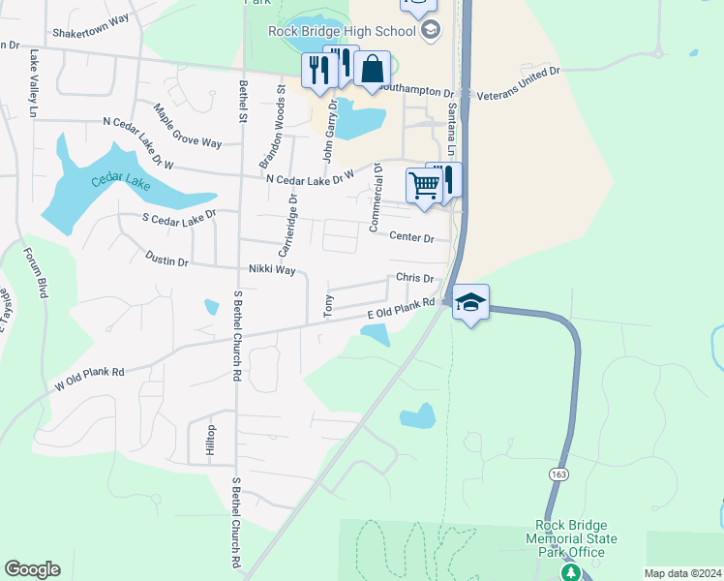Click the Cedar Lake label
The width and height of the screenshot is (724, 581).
point(118,181)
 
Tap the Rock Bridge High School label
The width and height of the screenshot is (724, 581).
point(343,31)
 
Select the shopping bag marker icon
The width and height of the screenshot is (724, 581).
point(372,69)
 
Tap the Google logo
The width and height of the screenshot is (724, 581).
point(32,569)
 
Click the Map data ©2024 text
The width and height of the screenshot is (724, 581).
point(681,573)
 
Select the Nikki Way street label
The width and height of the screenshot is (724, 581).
point(271,270)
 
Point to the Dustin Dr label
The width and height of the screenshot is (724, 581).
point(166,260)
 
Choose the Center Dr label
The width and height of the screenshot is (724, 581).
point(411,236)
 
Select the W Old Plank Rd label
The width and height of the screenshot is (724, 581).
point(89,378)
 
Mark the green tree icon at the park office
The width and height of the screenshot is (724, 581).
point(571,572)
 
